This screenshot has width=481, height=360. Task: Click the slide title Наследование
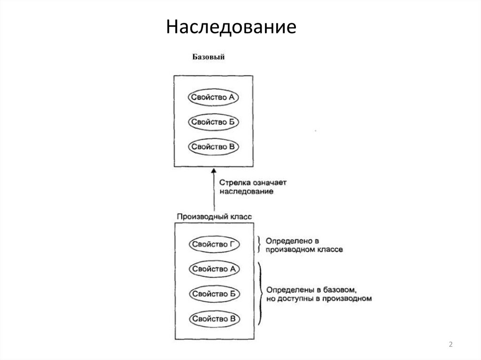click(231, 27)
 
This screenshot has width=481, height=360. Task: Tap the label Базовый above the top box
click(208, 58)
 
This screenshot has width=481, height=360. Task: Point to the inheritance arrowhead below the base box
click(214, 171)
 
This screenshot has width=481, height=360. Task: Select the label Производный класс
click(214, 217)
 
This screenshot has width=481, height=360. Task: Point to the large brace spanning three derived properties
click(260, 294)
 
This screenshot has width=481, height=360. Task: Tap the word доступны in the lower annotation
click(295, 298)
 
